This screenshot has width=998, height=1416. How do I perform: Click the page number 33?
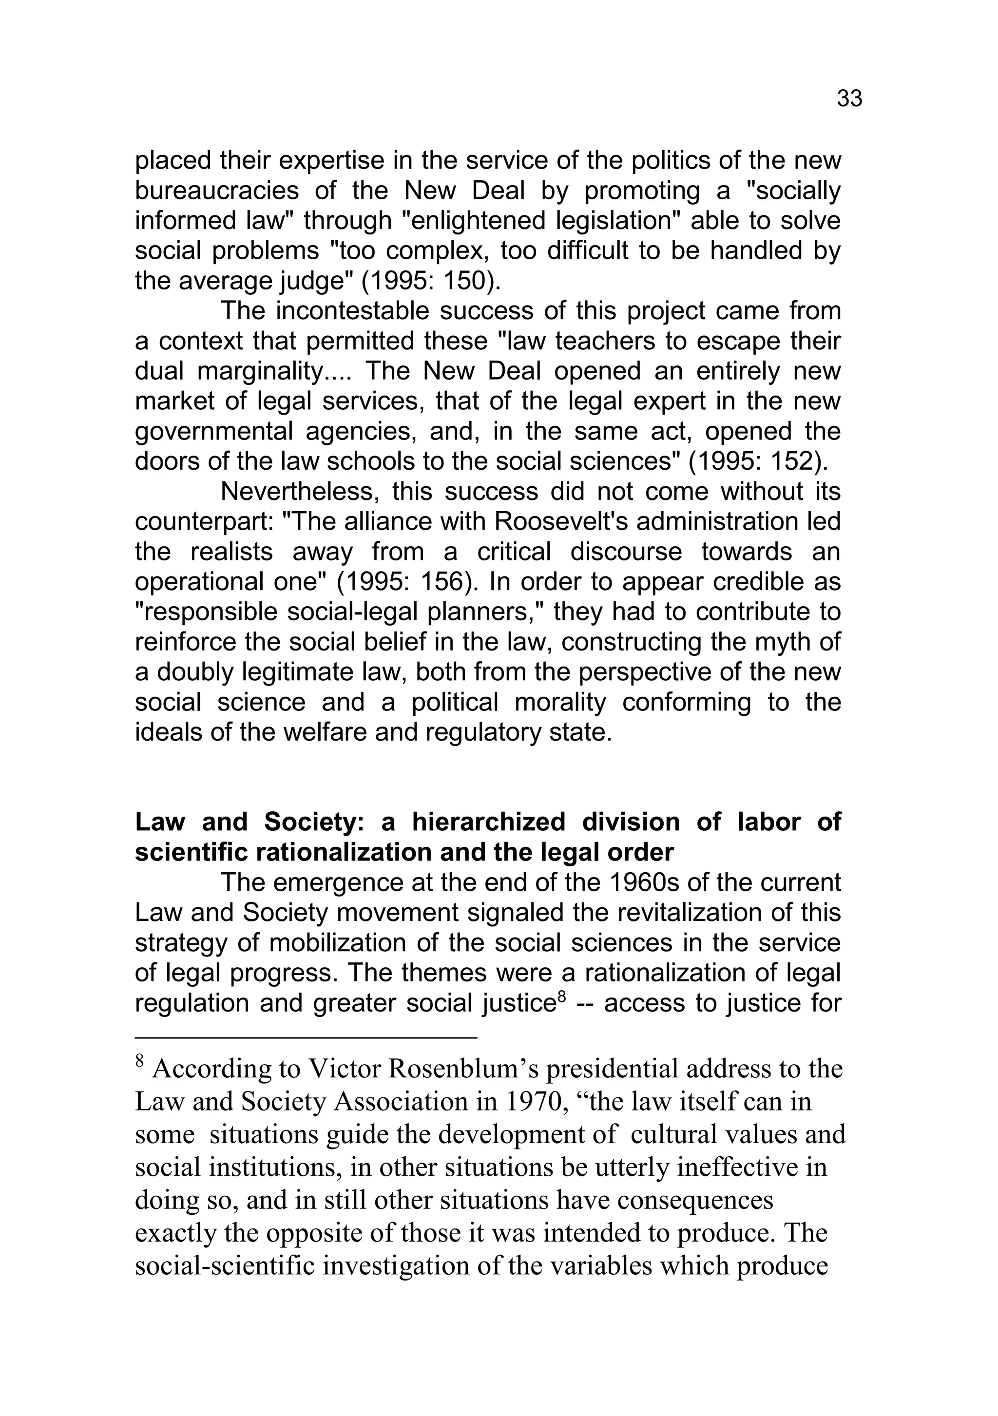point(849,99)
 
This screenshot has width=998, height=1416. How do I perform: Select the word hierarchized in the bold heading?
point(488,822)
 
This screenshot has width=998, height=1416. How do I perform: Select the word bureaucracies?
point(216,191)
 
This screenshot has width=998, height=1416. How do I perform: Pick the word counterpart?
point(204,522)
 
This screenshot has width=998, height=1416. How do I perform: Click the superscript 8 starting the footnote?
point(139,1062)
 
